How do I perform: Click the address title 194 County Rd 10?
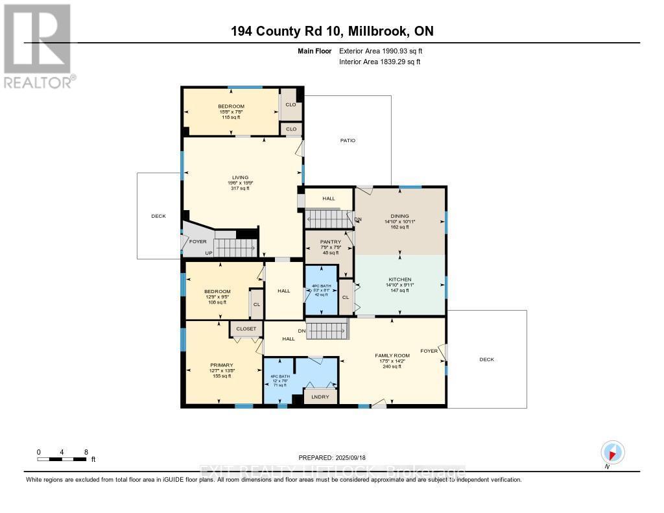[332, 31]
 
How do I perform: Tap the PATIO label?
[348, 140]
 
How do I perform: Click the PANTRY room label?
[330, 242]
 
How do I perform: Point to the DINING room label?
[399, 217]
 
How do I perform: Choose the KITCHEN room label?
[400, 280]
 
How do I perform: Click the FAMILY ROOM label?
[392, 355]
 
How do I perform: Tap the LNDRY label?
[320, 397]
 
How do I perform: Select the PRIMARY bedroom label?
[221, 365]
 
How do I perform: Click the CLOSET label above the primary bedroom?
[246, 329]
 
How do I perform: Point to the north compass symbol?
[612, 452]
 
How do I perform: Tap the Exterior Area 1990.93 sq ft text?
[381, 51]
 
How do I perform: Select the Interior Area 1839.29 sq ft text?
[380, 62]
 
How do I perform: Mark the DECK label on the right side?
[486, 359]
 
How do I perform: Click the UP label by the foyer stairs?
[209, 252]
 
